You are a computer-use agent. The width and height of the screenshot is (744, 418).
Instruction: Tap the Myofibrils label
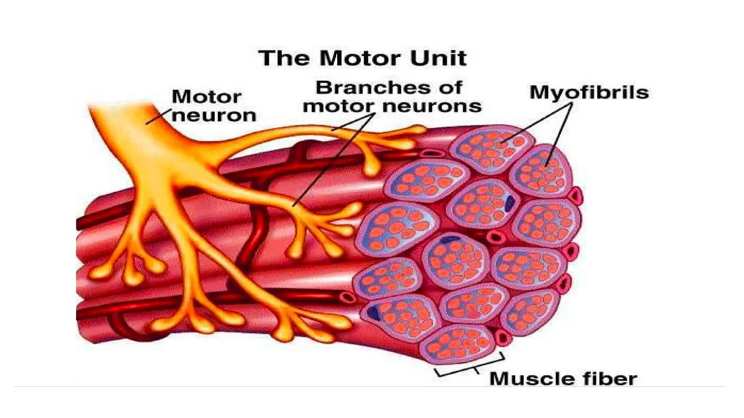point(589,93)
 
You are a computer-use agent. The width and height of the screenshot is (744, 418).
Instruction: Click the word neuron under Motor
point(214,116)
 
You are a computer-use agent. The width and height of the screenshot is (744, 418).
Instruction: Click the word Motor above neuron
point(206,97)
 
